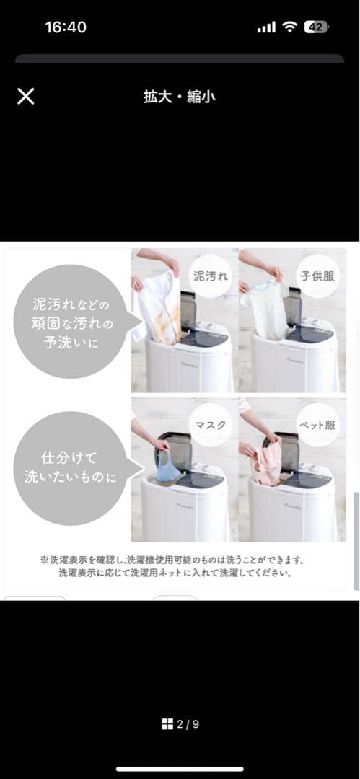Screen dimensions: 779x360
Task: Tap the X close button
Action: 25,97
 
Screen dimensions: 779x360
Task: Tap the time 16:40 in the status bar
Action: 66,27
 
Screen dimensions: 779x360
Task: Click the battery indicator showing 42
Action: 315,27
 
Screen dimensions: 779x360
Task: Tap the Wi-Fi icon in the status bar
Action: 289,27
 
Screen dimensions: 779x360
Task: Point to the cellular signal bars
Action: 266,28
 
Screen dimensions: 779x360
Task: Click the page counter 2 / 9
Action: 187,724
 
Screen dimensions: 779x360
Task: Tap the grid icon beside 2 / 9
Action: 167,724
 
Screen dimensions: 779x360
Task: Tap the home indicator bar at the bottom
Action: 180,769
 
